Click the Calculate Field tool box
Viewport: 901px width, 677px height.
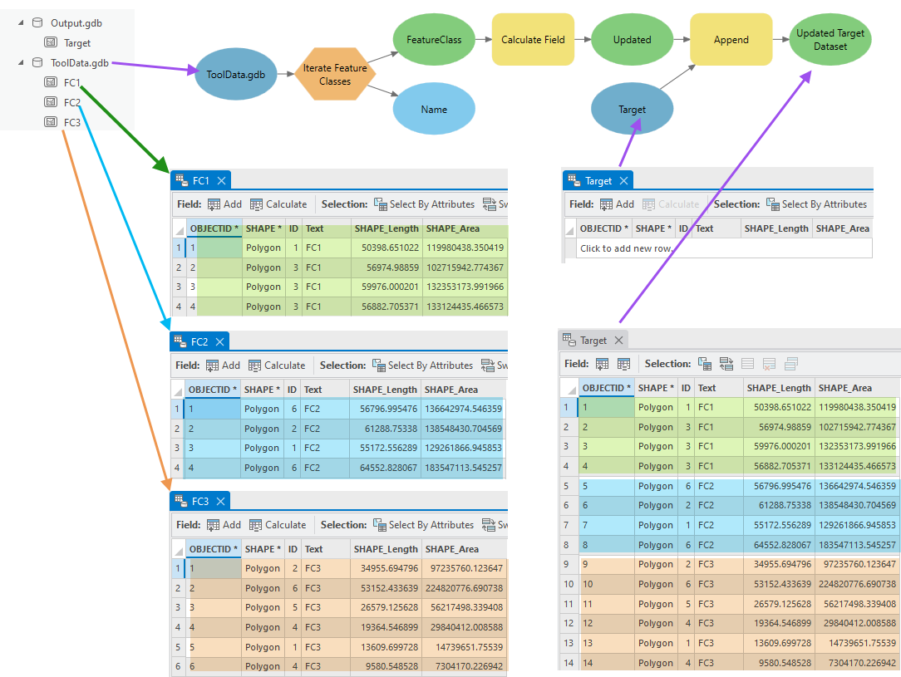[x=533, y=39]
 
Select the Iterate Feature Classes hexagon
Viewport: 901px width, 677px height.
[x=335, y=75]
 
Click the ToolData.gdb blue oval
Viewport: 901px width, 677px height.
[x=236, y=74]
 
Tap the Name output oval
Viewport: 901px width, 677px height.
[x=434, y=109]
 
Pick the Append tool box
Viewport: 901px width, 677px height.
[x=731, y=39]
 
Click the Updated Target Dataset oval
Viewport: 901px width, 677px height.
[x=830, y=40]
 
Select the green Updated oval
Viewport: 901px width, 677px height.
[x=632, y=39]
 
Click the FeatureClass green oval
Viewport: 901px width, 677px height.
[x=434, y=39]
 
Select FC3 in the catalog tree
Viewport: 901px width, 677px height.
[x=72, y=122]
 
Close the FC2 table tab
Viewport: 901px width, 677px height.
[x=220, y=341]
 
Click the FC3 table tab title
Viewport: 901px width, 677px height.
[x=200, y=501]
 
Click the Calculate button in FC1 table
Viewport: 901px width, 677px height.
[x=278, y=204]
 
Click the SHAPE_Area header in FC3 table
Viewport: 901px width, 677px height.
[x=451, y=549]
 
